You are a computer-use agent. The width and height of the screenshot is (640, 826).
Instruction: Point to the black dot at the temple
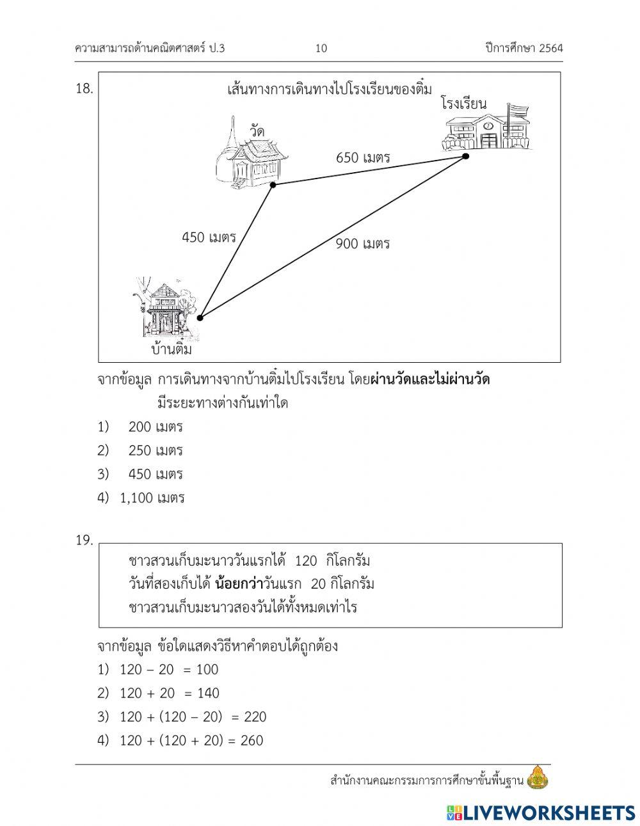tap(273, 185)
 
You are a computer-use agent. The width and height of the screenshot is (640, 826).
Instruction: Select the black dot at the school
tap(465, 155)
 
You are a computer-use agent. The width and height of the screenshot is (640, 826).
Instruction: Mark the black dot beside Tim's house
tap(200, 317)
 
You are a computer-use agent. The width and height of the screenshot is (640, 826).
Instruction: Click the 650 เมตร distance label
tap(363, 157)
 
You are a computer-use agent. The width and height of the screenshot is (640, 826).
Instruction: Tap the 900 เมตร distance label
tap(363, 243)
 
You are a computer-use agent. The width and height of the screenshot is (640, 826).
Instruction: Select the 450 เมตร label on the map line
tap(209, 237)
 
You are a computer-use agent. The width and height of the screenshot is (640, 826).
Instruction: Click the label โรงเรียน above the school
tap(463, 103)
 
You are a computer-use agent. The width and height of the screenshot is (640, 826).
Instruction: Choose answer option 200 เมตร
tap(156, 426)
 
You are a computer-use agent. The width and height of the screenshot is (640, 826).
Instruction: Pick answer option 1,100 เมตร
tap(152, 498)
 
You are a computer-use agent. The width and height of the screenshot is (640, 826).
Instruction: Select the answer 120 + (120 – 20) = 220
tap(193, 717)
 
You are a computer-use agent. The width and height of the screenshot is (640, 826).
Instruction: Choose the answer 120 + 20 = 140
tap(169, 693)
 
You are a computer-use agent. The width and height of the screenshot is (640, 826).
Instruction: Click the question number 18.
tap(84, 89)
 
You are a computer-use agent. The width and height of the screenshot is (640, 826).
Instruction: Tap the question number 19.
tap(84, 540)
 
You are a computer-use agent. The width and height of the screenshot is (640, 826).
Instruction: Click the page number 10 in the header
tap(321, 48)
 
